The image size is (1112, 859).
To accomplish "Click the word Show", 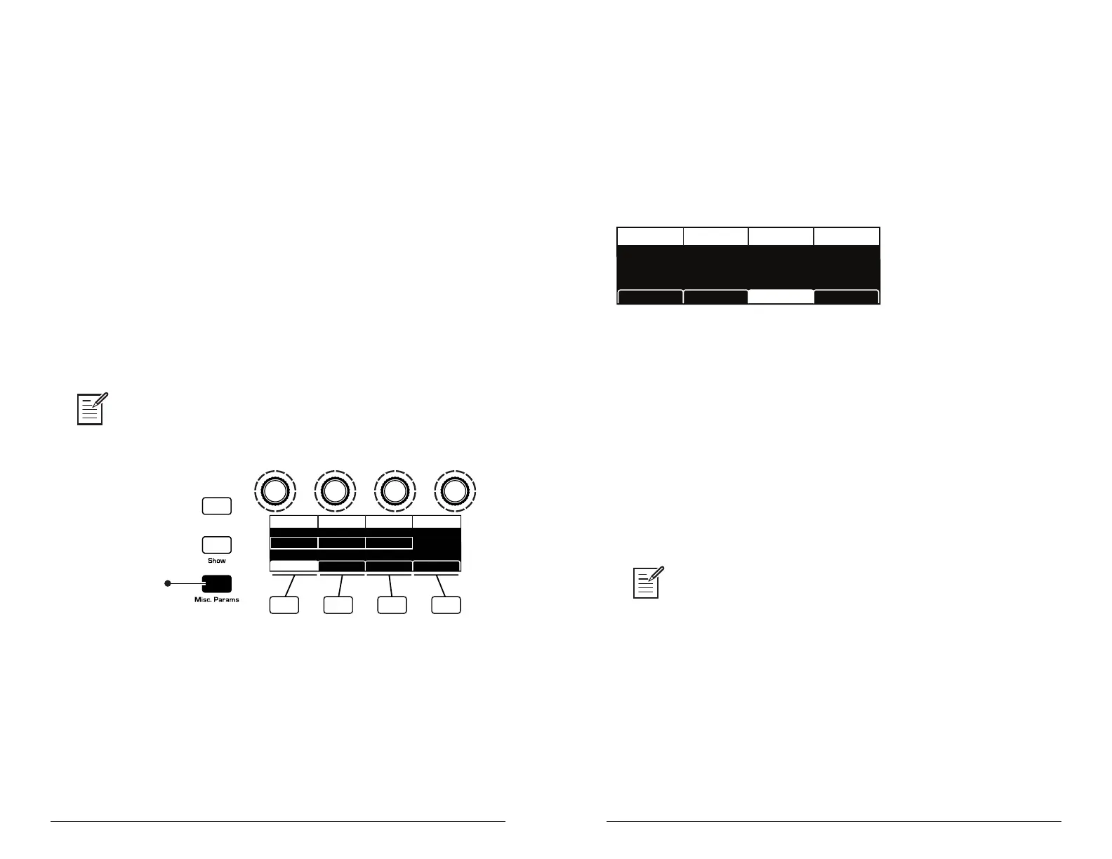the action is click(x=216, y=561).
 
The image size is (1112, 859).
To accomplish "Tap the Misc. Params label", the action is click(x=216, y=599).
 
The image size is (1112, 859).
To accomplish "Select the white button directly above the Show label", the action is click(x=216, y=545).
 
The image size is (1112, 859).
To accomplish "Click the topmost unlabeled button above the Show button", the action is click(x=216, y=506).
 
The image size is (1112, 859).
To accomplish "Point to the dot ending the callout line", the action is click(x=167, y=583).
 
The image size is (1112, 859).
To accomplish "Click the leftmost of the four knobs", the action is click(x=275, y=491).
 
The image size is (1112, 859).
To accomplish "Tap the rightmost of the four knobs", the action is click(x=455, y=491).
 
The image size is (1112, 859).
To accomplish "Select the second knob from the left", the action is click(x=335, y=491).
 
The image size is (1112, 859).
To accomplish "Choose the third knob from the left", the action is click(x=395, y=491).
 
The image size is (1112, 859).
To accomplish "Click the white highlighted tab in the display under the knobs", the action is click(x=294, y=566).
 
